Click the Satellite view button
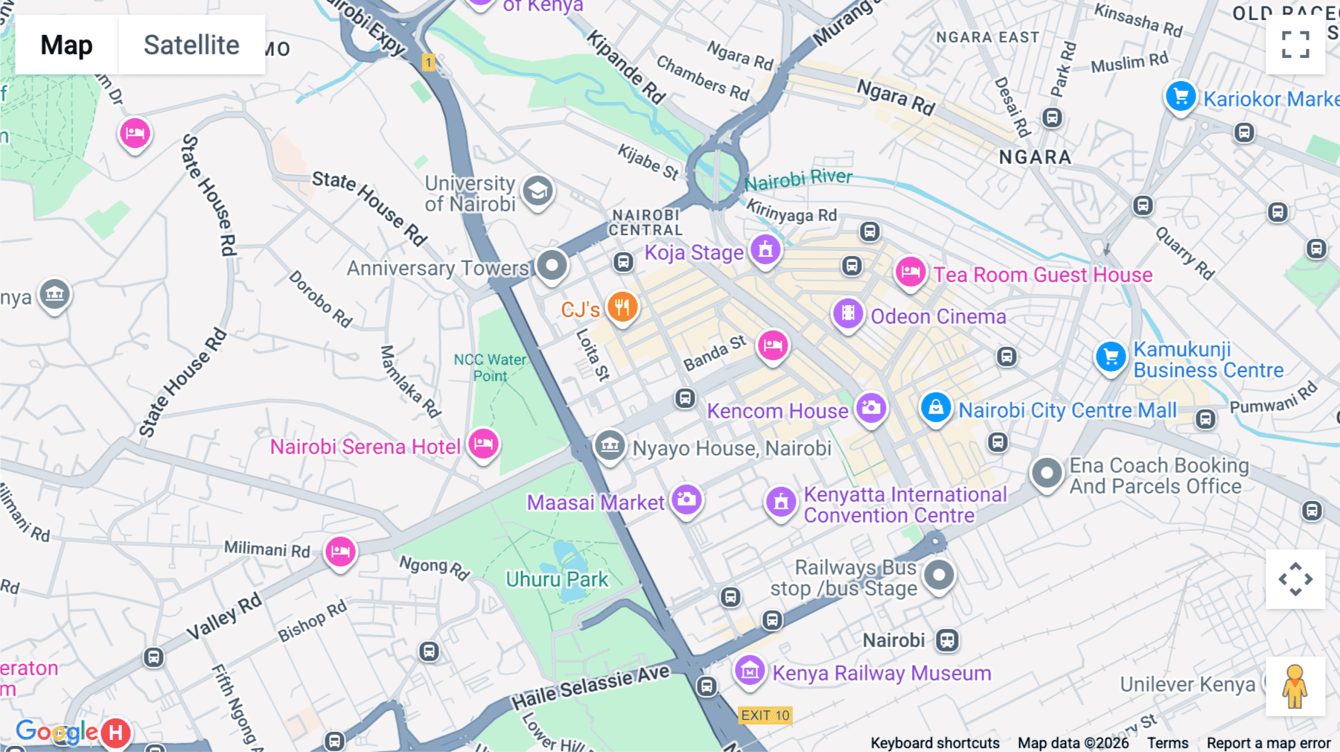coord(191,45)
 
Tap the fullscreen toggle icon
coord(1295,45)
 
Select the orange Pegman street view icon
coord(1295,686)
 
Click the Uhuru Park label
coord(557,579)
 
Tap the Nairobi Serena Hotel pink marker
coord(483,444)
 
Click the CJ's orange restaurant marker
coord(622,307)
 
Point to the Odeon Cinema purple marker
coord(848,313)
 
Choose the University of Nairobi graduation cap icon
coord(537,191)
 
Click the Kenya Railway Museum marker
coord(750,671)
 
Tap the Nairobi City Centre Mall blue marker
coord(936,407)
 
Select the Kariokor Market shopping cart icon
coord(1181,96)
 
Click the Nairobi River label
coord(798,179)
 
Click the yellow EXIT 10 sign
coord(765,716)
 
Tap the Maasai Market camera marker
coord(686,499)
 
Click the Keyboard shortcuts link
coord(935,743)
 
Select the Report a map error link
coord(1269,743)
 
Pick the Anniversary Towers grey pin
coord(552,265)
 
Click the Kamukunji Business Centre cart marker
coord(1111,357)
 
